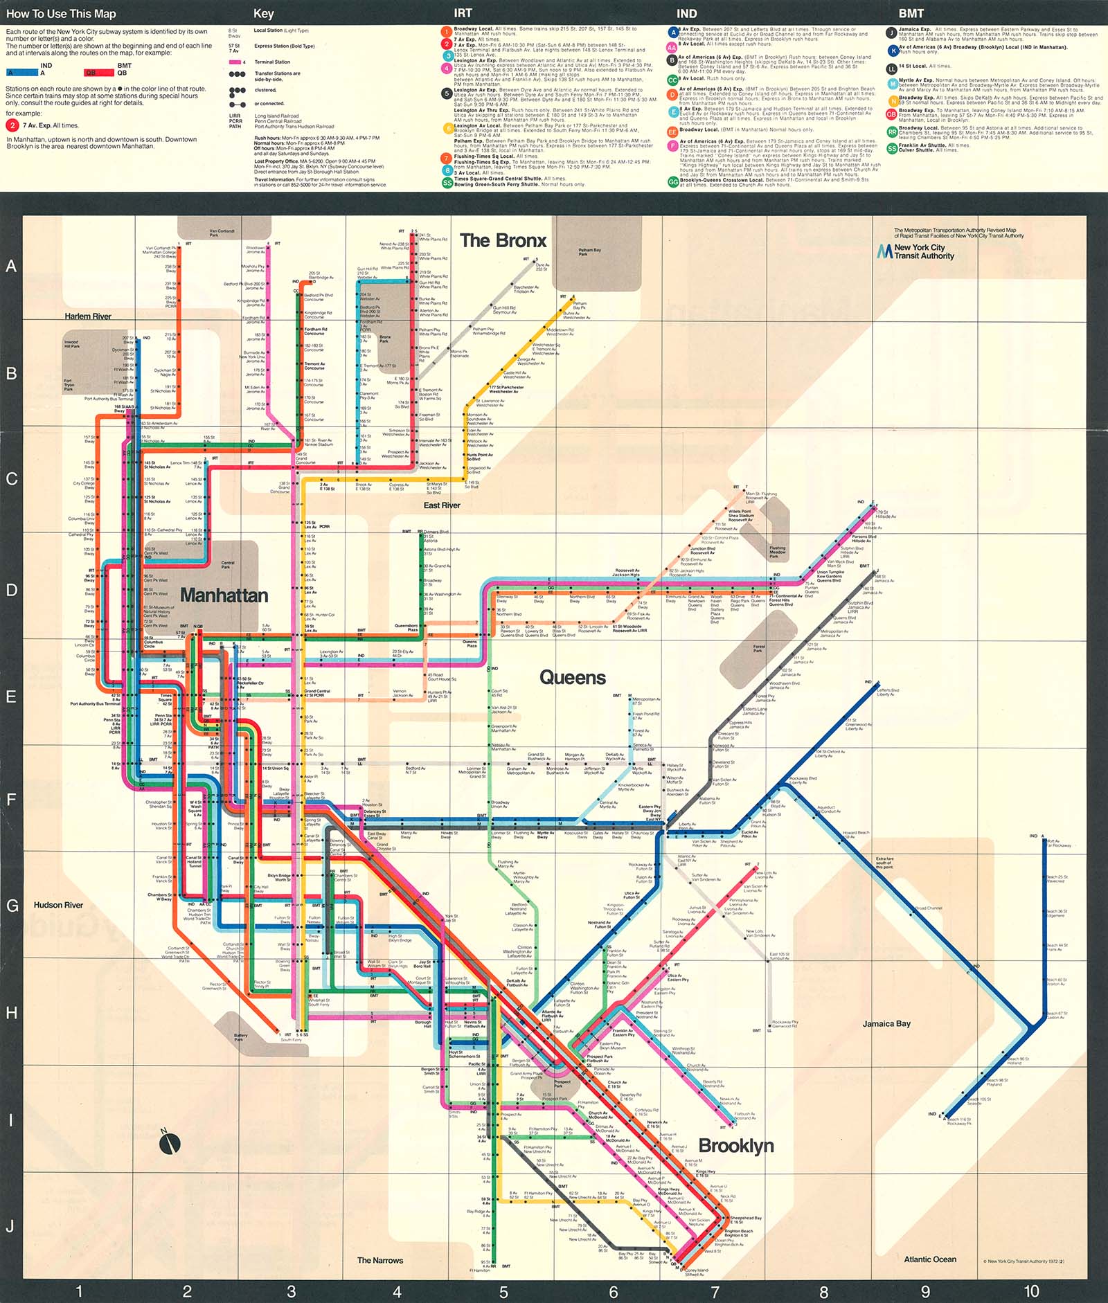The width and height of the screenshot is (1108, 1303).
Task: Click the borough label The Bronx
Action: (x=503, y=241)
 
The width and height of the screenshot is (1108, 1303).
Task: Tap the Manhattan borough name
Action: (x=224, y=595)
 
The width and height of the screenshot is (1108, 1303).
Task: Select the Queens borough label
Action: (x=573, y=678)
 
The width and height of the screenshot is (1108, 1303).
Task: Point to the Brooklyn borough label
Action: (x=736, y=1146)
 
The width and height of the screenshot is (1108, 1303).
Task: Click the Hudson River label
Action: (x=58, y=905)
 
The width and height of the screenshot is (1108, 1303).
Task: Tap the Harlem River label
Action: (x=88, y=316)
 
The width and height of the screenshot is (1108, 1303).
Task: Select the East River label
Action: (x=442, y=505)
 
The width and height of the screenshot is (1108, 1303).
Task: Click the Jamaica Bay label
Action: (x=886, y=1023)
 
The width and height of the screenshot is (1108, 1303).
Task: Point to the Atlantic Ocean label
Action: (x=930, y=1259)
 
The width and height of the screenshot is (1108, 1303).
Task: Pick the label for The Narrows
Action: (x=380, y=1260)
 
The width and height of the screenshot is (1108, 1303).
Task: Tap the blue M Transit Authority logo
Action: (x=884, y=251)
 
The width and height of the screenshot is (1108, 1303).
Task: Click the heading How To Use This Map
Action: (x=61, y=14)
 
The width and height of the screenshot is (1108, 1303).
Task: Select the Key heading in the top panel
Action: (x=264, y=14)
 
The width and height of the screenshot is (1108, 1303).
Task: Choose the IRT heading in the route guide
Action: (x=463, y=13)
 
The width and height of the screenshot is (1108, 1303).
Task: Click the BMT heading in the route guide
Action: (x=911, y=13)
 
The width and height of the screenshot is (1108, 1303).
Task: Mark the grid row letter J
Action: (x=10, y=1226)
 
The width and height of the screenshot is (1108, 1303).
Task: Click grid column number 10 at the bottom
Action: (x=1031, y=1291)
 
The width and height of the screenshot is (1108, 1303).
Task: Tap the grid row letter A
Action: (x=11, y=267)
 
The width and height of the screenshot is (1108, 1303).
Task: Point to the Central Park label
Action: (x=228, y=564)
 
